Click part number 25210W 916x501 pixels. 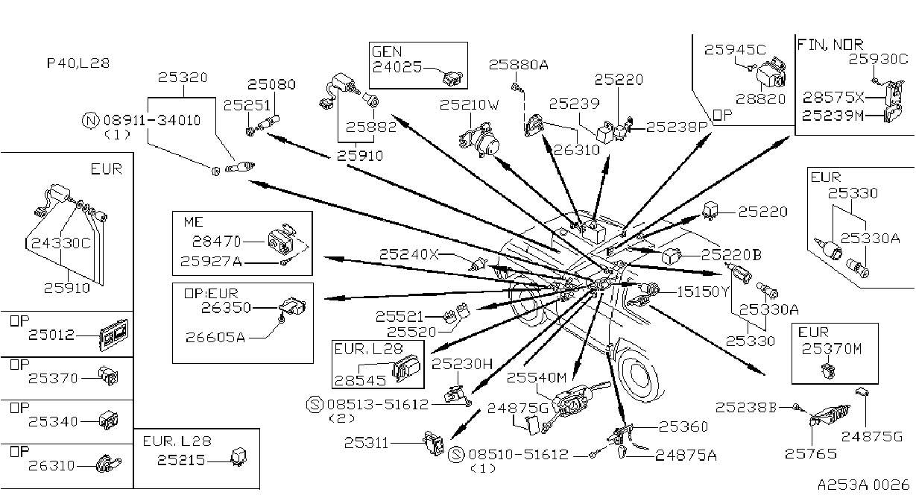[x=469, y=105]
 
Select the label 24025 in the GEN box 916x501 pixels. [x=397, y=66]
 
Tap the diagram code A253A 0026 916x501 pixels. [x=863, y=485]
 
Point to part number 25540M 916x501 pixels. [x=537, y=377]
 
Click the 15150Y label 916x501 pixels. [x=703, y=292]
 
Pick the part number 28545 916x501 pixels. [x=360, y=381]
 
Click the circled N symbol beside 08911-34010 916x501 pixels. [x=90, y=121]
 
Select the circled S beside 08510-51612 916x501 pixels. [x=456, y=455]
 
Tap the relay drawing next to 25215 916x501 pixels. [x=239, y=458]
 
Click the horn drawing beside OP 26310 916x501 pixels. [x=108, y=464]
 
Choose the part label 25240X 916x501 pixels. [x=409, y=254]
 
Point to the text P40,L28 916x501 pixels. [x=78, y=63]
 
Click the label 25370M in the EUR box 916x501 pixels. [x=831, y=349]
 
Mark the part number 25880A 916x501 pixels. [x=518, y=65]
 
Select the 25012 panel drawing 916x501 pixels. [x=114, y=335]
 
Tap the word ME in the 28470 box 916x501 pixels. [x=194, y=222]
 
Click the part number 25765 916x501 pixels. [x=810, y=453]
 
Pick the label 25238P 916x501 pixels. [x=677, y=127]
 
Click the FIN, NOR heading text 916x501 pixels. [x=830, y=44]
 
